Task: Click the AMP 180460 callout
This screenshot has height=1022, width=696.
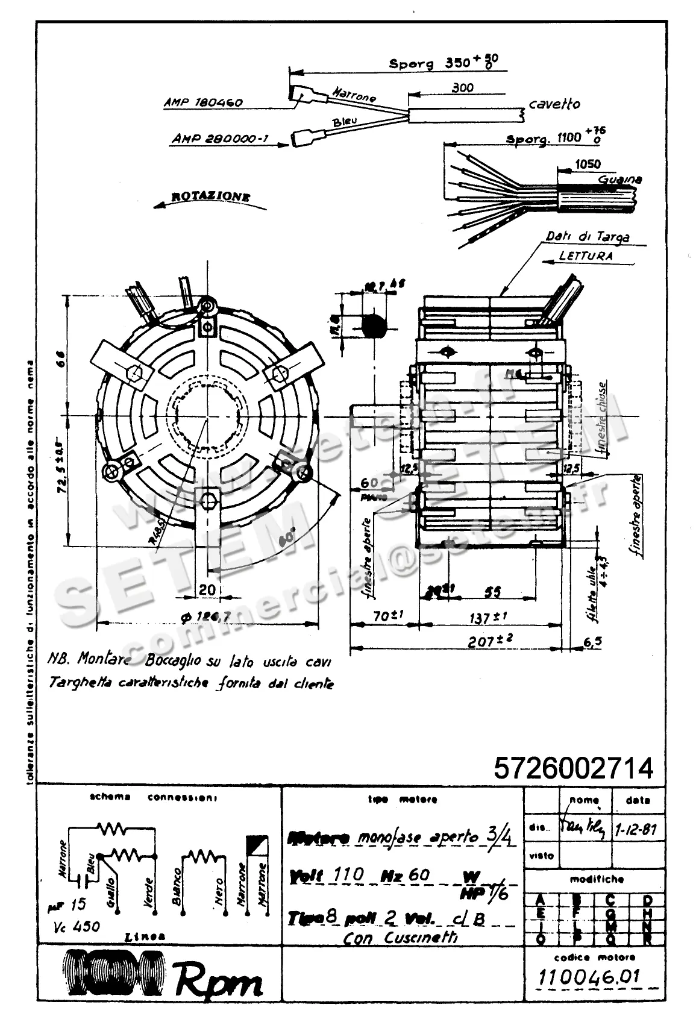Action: pos(202,102)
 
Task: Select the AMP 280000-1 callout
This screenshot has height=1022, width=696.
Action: pos(220,139)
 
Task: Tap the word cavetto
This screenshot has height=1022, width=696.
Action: pos(554,104)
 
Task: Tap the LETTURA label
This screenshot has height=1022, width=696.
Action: pos(586,255)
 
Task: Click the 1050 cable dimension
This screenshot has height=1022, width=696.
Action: pos(588,164)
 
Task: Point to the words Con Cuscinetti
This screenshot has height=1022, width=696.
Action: pos(400,938)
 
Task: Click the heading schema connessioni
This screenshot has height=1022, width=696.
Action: pos(153,797)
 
